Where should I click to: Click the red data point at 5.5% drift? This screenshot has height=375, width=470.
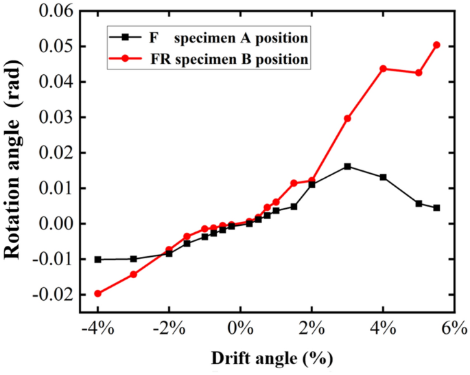(x=436, y=45)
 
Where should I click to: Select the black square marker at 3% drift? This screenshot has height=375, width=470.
(x=347, y=166)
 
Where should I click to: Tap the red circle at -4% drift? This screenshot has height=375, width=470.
(x=97, y=293)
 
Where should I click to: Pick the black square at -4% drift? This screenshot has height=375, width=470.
(x=97, y=260)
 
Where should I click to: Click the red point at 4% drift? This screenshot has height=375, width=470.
(x=383, y=69)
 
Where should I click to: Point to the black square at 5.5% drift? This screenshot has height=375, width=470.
(x=436, y=207)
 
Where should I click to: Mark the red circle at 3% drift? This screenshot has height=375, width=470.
(x=347, y=118)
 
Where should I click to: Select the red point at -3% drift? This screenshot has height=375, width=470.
(x=133, y=274)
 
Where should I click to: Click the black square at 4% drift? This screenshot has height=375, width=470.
(x=383, y=177)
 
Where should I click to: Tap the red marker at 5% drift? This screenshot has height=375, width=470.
(x=419, y=73)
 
